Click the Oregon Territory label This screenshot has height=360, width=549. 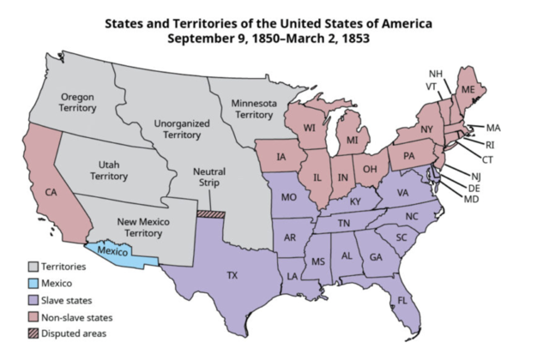coord(77,102)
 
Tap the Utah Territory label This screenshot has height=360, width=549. coord(109,169)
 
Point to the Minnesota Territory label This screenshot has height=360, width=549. coord(255,108)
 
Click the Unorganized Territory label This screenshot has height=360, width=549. coord(181,129)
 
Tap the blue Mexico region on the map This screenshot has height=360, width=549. coord(115,252)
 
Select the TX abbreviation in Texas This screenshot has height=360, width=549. coord(232,275)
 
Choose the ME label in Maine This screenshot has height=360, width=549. coord(468,89)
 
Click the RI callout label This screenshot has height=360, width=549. coord(490,144)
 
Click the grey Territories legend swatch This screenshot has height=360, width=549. coord(34,267)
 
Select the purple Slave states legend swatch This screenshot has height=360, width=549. coord(34,301)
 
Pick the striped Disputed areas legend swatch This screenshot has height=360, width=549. coord(34,333)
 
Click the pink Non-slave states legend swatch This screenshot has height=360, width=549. coord(34,317)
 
